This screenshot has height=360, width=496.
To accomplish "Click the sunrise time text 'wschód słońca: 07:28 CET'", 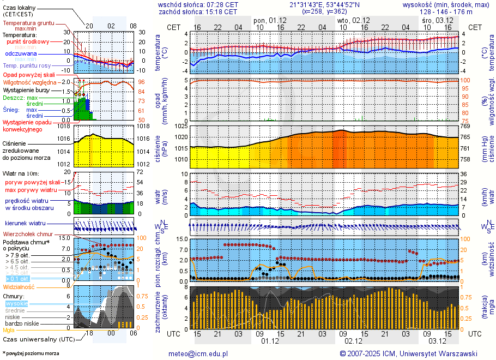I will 198,4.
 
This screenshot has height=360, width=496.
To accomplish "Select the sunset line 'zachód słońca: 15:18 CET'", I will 198,11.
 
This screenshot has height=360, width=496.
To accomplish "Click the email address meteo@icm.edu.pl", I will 198,353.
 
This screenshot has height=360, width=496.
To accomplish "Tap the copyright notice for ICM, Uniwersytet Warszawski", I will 408,353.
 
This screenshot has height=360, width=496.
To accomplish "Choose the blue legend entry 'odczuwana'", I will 21,54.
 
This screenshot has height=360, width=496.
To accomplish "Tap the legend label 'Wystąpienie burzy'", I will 25,89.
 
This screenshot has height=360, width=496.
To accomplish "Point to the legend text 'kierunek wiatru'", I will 25,224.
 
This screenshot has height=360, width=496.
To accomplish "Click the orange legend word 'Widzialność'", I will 19,286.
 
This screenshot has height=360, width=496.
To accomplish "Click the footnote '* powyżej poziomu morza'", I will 31,353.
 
